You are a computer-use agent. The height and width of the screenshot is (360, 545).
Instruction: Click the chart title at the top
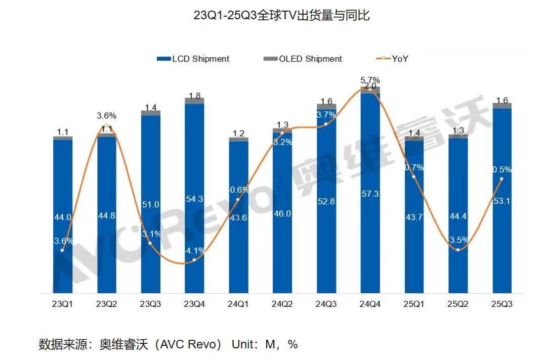281,16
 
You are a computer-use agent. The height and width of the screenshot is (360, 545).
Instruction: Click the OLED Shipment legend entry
303,59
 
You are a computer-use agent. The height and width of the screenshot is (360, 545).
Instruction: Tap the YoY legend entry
392,59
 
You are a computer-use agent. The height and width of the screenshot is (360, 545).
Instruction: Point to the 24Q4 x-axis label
369,304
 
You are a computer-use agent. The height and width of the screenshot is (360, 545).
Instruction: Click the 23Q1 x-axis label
63,304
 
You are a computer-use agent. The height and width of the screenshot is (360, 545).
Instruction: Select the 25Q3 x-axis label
501,304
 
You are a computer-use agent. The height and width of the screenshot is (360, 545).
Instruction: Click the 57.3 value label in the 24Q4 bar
370,194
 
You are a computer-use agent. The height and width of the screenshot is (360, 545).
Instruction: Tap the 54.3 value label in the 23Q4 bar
194,199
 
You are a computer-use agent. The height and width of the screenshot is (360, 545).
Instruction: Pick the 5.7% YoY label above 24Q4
370,80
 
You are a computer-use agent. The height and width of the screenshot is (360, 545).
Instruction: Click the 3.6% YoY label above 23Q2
106,116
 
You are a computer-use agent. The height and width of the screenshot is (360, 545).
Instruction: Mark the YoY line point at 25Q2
458,250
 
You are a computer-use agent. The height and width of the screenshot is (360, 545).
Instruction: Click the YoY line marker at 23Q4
194,259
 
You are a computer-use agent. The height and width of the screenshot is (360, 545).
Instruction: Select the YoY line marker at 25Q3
501,178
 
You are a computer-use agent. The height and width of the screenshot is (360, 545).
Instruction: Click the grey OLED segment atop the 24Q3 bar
326,107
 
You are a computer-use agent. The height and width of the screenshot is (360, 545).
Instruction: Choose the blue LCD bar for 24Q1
238,253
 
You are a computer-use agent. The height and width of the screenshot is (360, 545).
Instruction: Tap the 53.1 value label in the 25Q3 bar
501,201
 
